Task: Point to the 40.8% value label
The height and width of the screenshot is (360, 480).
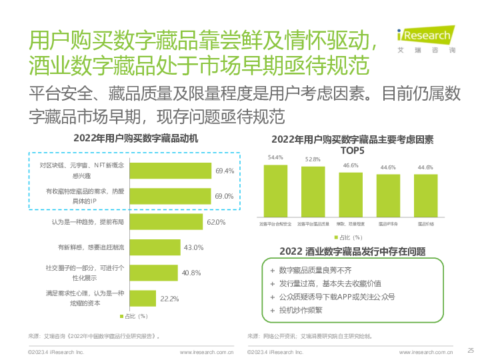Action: (192, 273)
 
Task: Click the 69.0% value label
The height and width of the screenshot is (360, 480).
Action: (224, 196)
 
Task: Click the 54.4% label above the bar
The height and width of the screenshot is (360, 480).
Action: (275, 158)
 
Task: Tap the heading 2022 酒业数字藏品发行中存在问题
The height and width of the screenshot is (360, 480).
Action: (353, 251)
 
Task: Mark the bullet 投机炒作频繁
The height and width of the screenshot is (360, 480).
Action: (300, 310)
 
